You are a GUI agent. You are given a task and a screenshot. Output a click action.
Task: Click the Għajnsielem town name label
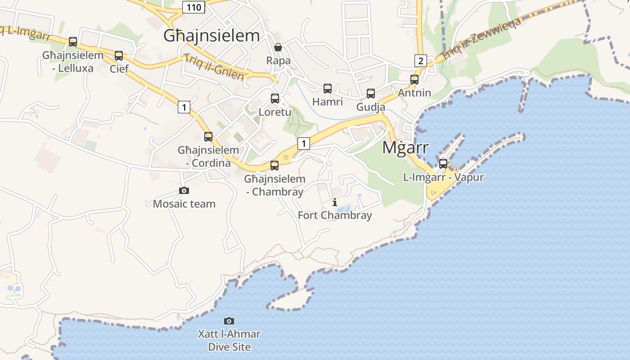point(211,36)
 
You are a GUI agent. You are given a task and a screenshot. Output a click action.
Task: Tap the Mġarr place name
point(405,147)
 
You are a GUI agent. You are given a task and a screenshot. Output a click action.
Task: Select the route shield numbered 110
point(194,7)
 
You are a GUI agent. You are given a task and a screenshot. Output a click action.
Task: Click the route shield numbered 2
point(420,61)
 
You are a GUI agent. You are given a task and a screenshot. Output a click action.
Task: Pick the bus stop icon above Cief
point(119,56)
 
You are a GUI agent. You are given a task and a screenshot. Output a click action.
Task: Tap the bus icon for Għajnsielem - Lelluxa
point(73,42)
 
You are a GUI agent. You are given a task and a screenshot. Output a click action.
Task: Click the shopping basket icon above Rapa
point(278,47)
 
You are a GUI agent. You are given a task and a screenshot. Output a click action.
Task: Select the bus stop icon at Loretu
point(275,99)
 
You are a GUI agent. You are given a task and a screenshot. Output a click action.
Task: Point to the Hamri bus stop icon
point(328,89)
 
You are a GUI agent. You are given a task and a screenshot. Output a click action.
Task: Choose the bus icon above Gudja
point(371,94)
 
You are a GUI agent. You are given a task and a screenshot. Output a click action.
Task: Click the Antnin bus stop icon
point(414,80)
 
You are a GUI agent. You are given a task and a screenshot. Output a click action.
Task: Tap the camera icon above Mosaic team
point(184,191)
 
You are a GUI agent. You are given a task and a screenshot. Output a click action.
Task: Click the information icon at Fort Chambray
point(334,202)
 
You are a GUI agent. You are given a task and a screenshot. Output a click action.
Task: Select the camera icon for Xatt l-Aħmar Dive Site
point(229,321)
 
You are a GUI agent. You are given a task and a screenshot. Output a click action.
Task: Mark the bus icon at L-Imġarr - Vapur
point(443,163)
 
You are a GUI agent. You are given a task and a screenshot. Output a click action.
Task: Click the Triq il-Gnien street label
point(214,67)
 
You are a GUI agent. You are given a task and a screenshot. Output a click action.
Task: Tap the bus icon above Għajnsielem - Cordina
point(208,137)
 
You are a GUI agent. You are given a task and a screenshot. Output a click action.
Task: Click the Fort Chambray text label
point(335,215)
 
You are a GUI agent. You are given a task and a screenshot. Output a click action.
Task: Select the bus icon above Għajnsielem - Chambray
point(274,166)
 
